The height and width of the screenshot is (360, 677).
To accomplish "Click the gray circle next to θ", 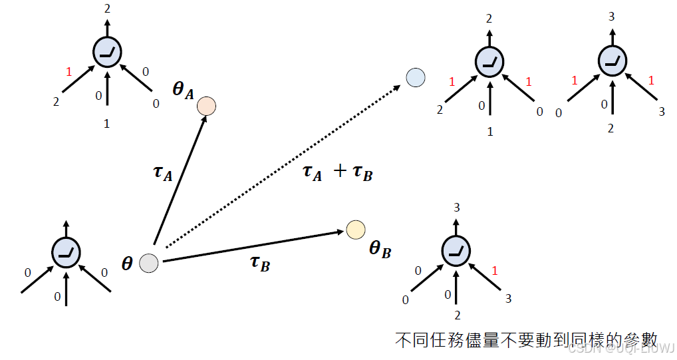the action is (x=149, y=263).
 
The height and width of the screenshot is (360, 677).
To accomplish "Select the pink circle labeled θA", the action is (x=206, y=106).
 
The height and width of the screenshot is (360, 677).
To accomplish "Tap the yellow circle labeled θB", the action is (x=355, y=230).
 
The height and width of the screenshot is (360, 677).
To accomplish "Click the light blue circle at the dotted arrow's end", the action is (x=415, y=78).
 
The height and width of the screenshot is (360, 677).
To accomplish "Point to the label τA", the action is (x=163, y=174).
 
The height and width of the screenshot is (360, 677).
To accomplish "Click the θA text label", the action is (x=183, y=90).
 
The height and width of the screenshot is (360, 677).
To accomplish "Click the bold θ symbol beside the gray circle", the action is (x=127, y=264).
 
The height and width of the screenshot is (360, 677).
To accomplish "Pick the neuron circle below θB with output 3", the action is (x=457, y=250).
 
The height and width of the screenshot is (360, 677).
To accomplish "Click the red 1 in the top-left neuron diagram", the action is (x=68, y=71).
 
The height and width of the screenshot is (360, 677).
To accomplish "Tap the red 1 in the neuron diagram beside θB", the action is (x=493, y=270).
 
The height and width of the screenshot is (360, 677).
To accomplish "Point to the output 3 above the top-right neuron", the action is (x=610, y=15).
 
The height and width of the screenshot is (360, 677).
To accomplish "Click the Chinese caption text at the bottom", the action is (x=525, y=339).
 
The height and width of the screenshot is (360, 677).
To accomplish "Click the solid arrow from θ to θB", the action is (x=253, y=246).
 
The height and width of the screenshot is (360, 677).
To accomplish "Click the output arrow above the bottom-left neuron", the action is (x=67, y=228).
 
